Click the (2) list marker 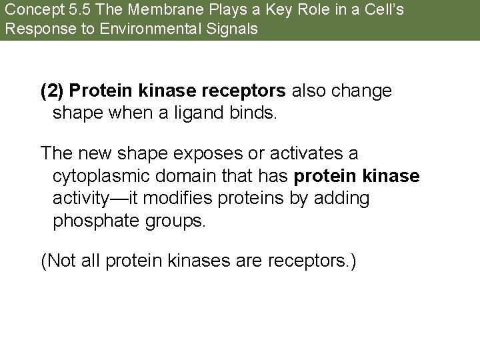click(x=53, y=90)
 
